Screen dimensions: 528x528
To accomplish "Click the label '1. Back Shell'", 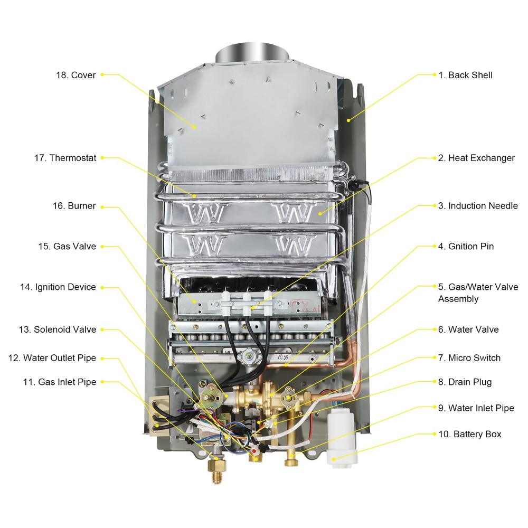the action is click(465, 75).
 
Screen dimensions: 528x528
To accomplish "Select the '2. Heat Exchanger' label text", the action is click(476, 158).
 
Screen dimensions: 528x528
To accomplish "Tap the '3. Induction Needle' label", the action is click(478, 206).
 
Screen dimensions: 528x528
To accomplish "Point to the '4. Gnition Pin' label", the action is click(466, 246).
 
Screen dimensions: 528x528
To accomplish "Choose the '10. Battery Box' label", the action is click(470, 434).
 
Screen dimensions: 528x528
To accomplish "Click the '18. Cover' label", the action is click(76, 75).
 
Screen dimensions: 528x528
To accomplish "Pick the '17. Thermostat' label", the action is click(65, 158).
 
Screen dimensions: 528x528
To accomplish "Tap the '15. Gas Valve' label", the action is click(67, 246).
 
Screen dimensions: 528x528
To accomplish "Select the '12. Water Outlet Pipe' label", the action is click(52, 357).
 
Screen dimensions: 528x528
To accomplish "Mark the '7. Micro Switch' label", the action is click(469, 357).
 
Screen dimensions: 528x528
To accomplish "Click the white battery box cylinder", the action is click(342, 437).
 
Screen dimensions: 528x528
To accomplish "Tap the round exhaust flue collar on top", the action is click(252, 53).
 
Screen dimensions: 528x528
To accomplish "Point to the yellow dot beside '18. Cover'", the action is click(102, 74).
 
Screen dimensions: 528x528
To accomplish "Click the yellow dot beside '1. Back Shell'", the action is click(435, 74).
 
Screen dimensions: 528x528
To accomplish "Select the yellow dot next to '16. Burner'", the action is click(102, 207).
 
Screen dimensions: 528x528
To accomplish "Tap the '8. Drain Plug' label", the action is click(465, 382).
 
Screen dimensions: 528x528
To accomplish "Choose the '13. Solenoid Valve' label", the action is click(57, 329).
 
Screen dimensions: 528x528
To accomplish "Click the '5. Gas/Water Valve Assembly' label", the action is click(478, 293).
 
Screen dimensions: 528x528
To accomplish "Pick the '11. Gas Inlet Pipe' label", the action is click(60, 382).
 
